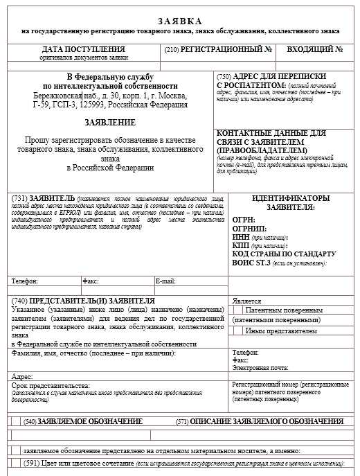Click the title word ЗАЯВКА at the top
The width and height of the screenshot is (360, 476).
[x=180, y=21]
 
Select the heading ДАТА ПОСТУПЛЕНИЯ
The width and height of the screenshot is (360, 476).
[x=84, y=50]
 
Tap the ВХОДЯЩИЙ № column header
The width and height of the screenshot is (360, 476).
[x=315, y=50]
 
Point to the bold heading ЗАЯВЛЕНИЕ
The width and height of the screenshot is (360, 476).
[x=110, y=121]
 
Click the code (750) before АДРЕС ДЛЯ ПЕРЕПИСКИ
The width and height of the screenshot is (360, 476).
[x=224, y=76]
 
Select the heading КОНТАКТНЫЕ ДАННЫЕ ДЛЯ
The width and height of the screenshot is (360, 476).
[x=271, y=133]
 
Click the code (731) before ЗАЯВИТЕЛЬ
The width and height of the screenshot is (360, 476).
[x=20, y=197]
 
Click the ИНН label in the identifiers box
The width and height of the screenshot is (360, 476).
[x=241, y=238]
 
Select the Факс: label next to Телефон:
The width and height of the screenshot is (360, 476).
[x=91, y=282]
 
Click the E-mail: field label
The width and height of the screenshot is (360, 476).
[x=165, y=282]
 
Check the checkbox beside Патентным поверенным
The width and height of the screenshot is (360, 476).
[x=237, y=311]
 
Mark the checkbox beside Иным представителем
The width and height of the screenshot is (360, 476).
[x=237, y=331]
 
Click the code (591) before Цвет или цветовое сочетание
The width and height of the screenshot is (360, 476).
[x=33, y=463]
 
